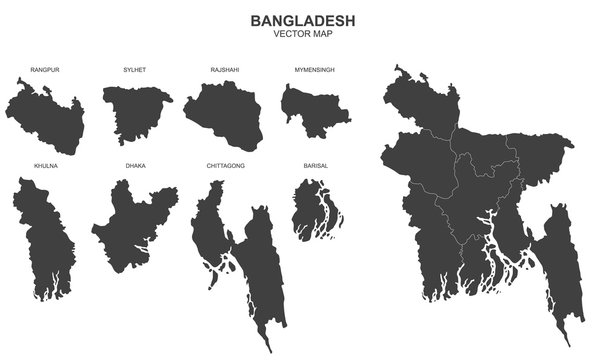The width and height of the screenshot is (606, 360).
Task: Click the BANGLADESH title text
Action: [x=302, y=20]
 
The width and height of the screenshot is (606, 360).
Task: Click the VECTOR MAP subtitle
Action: [x=302, y=35]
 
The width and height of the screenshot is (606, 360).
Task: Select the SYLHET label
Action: [x=134, y=71]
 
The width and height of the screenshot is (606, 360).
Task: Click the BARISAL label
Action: [x=315, y=165]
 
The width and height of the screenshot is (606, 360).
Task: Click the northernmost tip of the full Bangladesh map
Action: [x=399, y=68]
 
